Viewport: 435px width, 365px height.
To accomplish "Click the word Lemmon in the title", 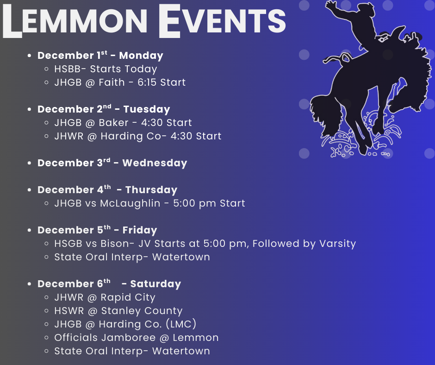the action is pyautogui.click(x=75, y=21).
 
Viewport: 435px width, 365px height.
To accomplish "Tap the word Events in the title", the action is pyautogui.click(x=222, y=21).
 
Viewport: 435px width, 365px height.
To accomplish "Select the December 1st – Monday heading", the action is pyautogui.click(x=100, y=55).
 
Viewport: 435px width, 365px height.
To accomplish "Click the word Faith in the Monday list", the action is pyautogui.click(x=112, y=82).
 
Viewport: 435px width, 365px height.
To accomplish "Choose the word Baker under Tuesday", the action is pyautogui.click(x=113, y=122).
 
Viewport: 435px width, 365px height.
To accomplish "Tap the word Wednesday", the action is pyautogui.click(x=155, y=163).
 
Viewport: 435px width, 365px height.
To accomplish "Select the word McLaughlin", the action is pyautogui.click(x=130, y=203).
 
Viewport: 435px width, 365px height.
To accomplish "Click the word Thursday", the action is pyautogui.click(x=151, y=190).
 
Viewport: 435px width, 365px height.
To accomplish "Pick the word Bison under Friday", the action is pyautogui.click(x=115, y=244).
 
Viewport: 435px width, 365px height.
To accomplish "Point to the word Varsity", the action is pyautogui.click(x=337, y=244).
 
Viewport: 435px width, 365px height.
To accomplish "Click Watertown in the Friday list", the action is pyautogui.click(x=181, y=257).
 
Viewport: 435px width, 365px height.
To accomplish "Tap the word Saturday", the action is pyautogui.click(x=155, y=284).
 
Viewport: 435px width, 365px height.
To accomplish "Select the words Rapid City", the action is pyautogui.click(x=128, y=297).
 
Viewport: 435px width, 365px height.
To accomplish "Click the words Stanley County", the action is pyautogui.click(x=142, y=311).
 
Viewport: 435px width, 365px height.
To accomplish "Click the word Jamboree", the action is pyautogui.click(x=128, y=338).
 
